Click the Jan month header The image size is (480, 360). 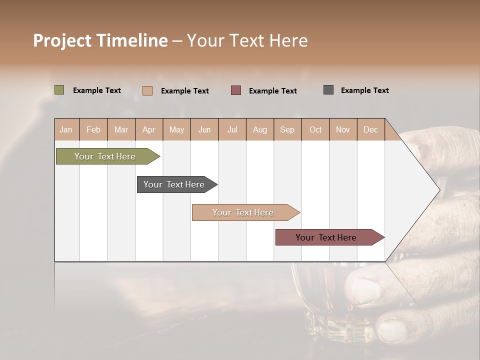66,129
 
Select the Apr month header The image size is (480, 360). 148,129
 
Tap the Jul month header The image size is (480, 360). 232,129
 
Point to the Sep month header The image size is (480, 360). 287,129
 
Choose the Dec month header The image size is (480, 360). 370,129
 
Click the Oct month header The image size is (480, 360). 315,129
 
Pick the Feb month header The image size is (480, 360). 93,129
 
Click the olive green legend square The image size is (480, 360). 59,90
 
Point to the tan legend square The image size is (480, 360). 147,90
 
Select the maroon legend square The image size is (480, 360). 236,90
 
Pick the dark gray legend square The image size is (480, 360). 328,90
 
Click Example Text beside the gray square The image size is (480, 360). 364,90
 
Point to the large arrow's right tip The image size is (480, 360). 438,189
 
